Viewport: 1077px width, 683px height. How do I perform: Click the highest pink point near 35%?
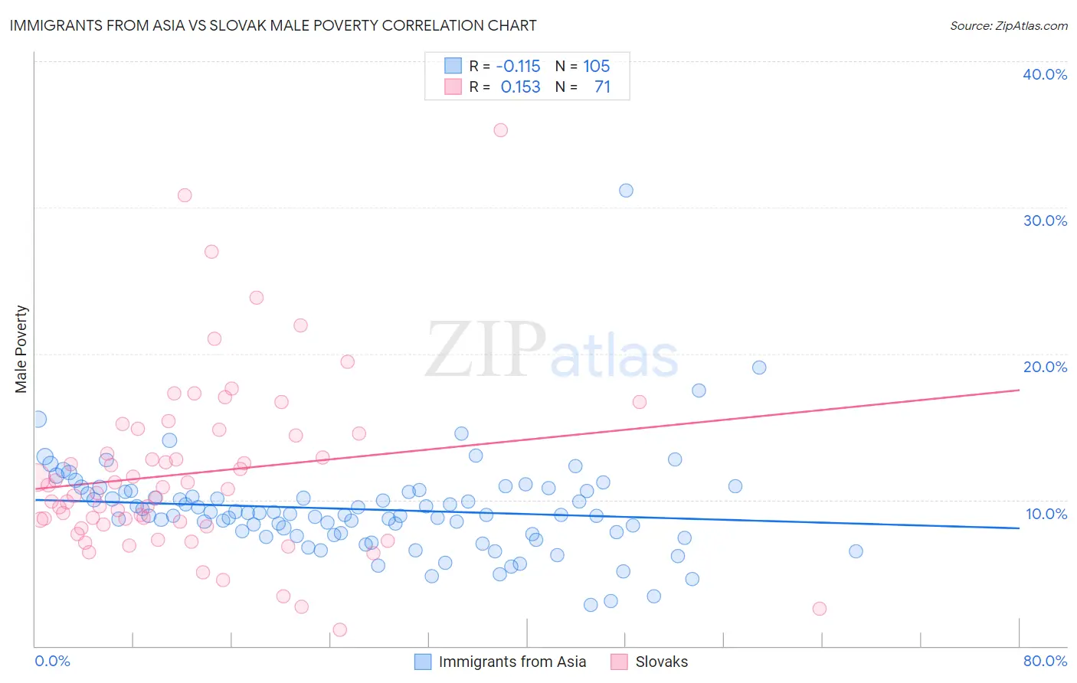(x=500, y=130)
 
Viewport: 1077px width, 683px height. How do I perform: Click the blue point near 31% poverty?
(x=626, y=191)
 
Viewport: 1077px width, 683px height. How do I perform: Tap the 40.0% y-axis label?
(x=1045, y=74)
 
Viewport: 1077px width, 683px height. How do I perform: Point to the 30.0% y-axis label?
(x=1045, y=221)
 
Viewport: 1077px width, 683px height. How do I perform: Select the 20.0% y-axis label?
(x=1045, y=367)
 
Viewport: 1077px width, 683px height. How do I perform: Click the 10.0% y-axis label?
(x=1046, y=514)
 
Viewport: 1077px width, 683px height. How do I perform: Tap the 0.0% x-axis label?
(x=52, y=661)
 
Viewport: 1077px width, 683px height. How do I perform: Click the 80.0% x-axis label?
(x=1045, y=661)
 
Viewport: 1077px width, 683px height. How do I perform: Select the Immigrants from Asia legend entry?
(x=512, y=662)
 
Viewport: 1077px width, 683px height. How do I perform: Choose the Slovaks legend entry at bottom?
(x=661, y=662)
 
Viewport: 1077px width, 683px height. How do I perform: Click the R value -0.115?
(x=519, y=67)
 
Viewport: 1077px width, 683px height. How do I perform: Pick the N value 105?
(x=596, y=67)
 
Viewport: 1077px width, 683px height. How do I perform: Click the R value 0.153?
(x=520, y=87)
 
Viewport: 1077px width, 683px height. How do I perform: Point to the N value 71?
(x=602, y=87)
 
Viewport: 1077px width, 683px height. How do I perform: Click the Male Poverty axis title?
(x=21, y=349)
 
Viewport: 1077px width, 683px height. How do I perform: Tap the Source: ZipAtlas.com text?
(x=1008, y=26)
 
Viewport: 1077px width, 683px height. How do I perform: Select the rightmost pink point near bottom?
(x=819, y=609)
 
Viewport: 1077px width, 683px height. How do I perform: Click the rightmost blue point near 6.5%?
(x=856, y=551)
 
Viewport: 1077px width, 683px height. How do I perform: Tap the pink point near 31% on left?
(x=185, y=195)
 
